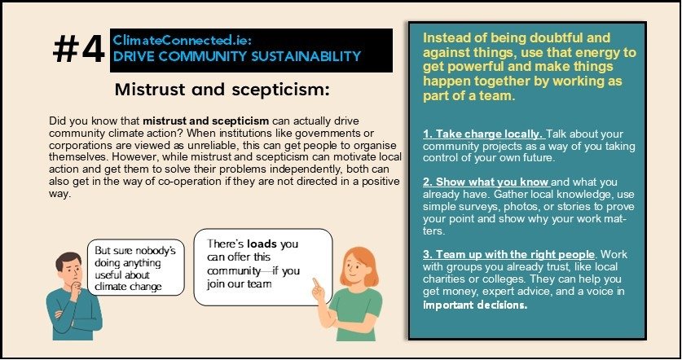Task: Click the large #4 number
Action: [79, 50]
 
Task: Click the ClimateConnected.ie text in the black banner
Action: [183, 41]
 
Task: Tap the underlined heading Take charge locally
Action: [483, 134]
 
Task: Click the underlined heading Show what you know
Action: [486, 182]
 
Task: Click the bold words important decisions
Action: [475, 305]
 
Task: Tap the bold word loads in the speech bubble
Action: [262, 244]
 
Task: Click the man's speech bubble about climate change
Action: [136, 267]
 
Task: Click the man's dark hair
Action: [68, 259]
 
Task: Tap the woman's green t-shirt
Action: [354, 313]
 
